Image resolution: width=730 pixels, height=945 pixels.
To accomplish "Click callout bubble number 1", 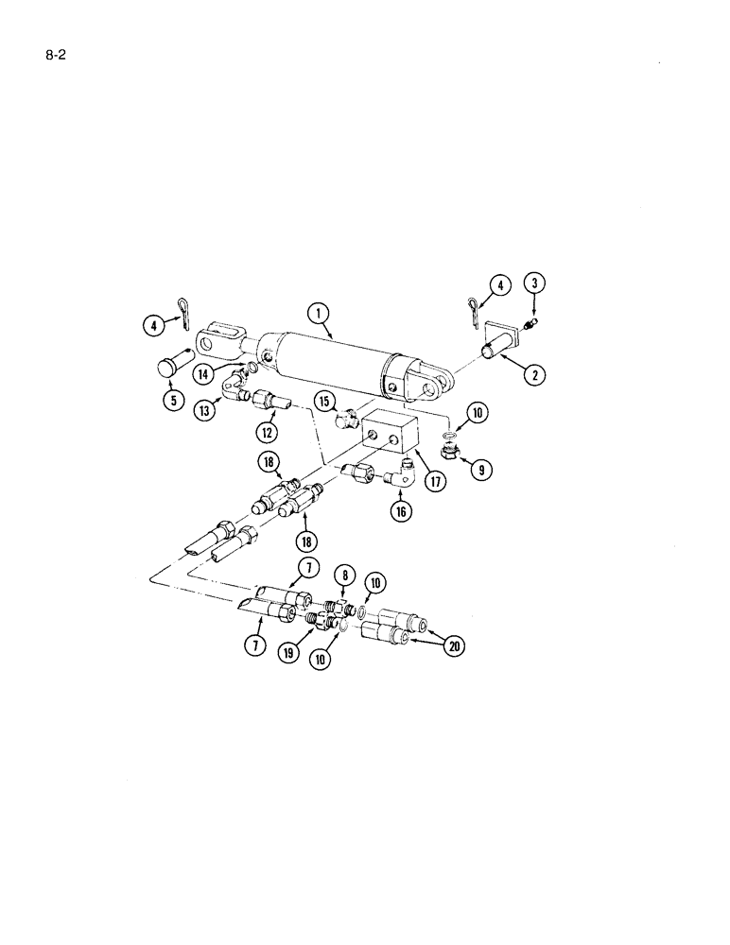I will click(x=320, y=314).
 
